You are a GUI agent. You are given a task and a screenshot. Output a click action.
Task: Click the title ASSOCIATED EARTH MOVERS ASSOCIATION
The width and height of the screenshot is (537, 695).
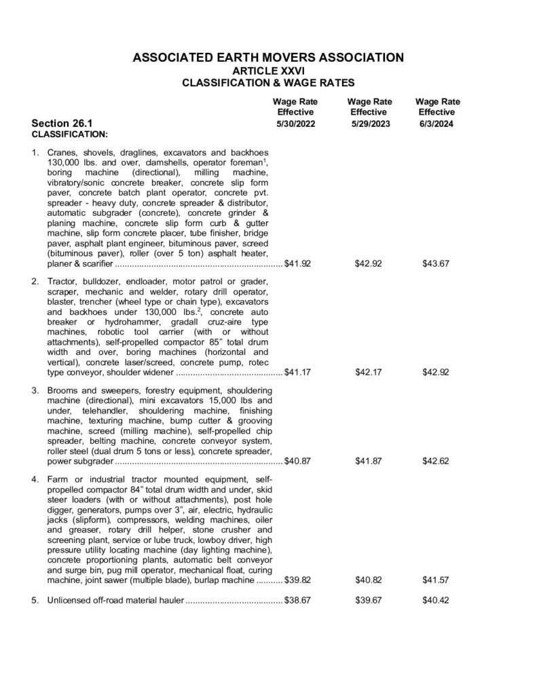(268, 57)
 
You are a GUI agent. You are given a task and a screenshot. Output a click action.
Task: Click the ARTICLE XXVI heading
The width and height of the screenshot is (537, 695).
(268, 71)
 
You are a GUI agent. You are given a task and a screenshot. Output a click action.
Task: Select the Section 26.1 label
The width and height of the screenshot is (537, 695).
(62, 124)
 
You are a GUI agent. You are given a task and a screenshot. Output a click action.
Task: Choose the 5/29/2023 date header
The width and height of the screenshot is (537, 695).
(370, 124)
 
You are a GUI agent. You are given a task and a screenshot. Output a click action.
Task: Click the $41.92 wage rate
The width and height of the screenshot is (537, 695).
(297, 263)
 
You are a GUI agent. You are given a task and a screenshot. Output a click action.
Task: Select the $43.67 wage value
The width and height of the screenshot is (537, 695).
(436, 263)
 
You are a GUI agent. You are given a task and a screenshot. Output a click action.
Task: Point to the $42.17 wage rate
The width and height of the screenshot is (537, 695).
(369, 373)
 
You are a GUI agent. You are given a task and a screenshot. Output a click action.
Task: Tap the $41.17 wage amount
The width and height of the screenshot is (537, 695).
(297, 373)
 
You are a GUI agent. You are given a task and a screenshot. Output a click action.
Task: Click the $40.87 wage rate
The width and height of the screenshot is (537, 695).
(297, 462)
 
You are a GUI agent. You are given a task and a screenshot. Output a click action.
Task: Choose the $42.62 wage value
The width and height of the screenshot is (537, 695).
(436, 462)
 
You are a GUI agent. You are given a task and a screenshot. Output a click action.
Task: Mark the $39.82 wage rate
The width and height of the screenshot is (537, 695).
(297, 581)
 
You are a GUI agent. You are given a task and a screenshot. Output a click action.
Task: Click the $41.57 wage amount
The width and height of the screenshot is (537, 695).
(436, 581)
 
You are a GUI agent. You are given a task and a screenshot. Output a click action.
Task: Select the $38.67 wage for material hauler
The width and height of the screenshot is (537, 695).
(297, 601)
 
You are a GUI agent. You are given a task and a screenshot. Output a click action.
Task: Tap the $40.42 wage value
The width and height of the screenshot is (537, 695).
(436, 601)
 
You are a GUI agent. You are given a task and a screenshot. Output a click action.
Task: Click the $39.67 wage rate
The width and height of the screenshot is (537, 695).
(369, 601)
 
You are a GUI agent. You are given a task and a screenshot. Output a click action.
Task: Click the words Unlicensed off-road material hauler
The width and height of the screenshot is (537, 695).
(115, 601)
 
